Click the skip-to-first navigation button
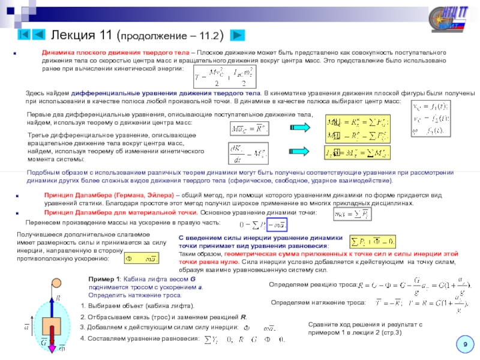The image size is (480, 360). point(24,34)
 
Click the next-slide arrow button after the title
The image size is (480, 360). point(238,35)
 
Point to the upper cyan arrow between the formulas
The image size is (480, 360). point(299,127)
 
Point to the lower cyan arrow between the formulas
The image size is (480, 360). point(299,153)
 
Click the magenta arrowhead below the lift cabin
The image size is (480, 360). point(51,347)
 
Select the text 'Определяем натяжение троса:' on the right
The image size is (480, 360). point(318,302)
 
